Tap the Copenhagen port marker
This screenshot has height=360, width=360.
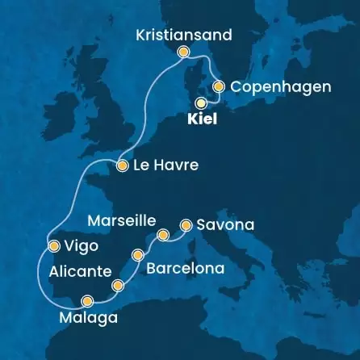218,86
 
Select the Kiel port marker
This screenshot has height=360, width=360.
200,103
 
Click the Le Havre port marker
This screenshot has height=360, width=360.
122,166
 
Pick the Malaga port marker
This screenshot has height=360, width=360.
86,301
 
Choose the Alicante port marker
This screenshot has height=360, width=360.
118,285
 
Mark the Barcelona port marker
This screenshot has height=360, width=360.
139,255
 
